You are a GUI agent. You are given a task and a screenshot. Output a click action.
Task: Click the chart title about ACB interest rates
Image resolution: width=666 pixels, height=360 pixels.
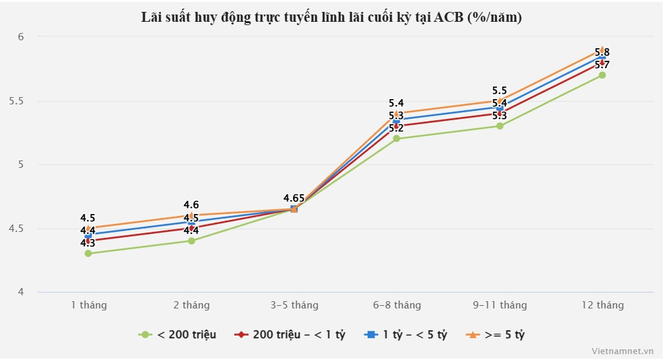(x=332, y=18)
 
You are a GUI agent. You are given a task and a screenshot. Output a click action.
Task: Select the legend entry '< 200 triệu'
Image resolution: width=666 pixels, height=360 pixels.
(x=178, y=335)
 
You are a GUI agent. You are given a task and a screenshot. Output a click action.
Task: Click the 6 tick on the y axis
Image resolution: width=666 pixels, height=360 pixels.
(x=20, y=37)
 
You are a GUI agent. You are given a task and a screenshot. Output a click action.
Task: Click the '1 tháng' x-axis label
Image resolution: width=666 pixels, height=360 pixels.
(x=88, y=305)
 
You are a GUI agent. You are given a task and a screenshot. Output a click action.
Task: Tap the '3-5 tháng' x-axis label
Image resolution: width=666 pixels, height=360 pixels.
(x=294, y=305)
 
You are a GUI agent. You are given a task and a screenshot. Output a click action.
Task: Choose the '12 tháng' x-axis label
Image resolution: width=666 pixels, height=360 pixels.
(x=602, y=305)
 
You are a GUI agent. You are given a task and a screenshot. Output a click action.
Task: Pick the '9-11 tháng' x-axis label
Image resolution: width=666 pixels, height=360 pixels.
(x=499, y=305)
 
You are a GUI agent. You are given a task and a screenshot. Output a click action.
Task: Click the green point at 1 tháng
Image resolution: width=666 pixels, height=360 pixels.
(x=88, y=254)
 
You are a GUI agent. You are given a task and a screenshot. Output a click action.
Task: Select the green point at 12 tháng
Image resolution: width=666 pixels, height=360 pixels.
(x=602, y=75)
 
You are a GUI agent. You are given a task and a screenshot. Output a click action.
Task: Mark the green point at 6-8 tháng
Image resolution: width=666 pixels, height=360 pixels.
(x=397, y=139)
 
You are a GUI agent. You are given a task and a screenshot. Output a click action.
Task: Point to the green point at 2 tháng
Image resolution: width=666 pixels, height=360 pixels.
(x=191, y=241)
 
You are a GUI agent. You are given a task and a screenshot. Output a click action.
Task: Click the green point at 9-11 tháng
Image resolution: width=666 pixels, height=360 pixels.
(x=500, y=126)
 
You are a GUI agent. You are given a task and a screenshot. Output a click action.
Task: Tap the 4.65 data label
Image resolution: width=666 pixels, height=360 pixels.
(x=294, y=198)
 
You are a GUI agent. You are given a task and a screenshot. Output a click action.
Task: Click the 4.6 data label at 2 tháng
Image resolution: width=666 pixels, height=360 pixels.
(x=191, y=205)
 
